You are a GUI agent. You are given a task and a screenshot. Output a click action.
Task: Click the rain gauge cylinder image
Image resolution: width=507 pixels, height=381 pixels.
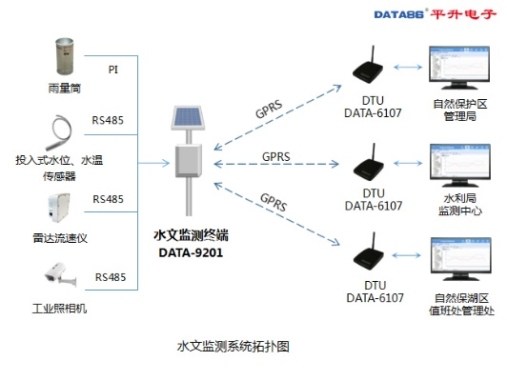click(x=65, y=56)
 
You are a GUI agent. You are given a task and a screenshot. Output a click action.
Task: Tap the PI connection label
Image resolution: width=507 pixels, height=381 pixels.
click(x=113, y=70)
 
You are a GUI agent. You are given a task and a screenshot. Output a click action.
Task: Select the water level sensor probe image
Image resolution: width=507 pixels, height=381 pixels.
click(x=59, y=132)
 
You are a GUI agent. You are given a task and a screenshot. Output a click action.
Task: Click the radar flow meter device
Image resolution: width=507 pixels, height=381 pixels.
click(x=59, y=208)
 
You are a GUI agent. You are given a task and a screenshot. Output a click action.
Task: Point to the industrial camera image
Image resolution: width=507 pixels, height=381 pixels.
click(x=60, y=274)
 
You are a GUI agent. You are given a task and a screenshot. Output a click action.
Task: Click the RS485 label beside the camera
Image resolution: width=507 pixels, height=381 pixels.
click(x=111, y=277)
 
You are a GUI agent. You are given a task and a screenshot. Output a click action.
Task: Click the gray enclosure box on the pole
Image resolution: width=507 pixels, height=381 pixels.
click(x=189, y=161)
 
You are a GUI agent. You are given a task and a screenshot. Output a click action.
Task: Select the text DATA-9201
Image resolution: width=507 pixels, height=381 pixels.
click(x=191, y=252)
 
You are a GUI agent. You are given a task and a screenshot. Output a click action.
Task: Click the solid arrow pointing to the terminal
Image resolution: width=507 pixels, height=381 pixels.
click(x=154, y=163)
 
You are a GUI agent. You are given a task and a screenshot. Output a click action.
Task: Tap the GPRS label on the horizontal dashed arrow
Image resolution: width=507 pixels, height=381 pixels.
click(x=275, y=157)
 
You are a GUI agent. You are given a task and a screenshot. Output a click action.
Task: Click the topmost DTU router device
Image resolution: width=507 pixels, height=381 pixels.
click(x=368, y=66)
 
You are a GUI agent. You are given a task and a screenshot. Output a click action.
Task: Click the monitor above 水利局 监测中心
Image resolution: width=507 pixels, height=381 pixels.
click(x=460, y=165)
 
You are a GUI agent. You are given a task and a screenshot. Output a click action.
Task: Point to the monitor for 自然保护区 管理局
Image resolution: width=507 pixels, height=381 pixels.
click(x=459, y=68)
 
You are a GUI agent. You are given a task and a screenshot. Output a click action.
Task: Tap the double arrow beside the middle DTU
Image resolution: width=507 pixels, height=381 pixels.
click(x=408, y=163)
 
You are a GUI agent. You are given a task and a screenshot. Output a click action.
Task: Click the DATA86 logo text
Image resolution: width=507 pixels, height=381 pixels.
click(x=399, y=14)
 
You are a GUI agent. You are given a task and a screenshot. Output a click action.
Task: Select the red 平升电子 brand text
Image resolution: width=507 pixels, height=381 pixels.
click(x=463, y=14)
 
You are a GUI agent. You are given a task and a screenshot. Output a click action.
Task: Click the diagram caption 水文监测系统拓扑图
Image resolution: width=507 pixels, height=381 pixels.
click(x=233, y=347)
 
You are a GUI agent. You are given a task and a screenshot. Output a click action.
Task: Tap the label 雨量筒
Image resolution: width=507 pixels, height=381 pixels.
click(x=65, y=89)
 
